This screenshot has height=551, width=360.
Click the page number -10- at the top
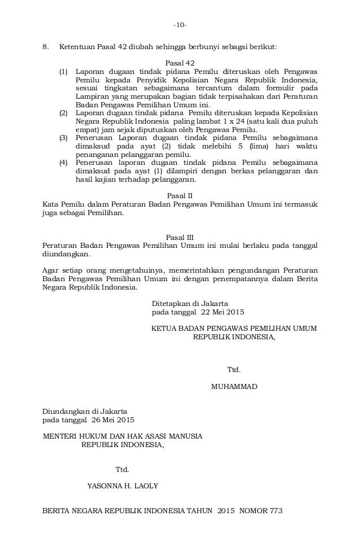coord(180,25)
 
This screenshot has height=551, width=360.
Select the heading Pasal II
coord(179,195)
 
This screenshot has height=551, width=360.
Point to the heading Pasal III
coord(179,237)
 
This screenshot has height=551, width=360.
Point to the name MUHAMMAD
coord(234,387)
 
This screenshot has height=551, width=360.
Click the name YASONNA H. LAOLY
coord(122,486)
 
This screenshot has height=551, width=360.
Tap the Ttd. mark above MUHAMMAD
coord(234,370)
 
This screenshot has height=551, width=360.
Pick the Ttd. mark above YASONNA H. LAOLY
coord(122,470)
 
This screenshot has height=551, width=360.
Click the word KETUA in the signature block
coord(166,328)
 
